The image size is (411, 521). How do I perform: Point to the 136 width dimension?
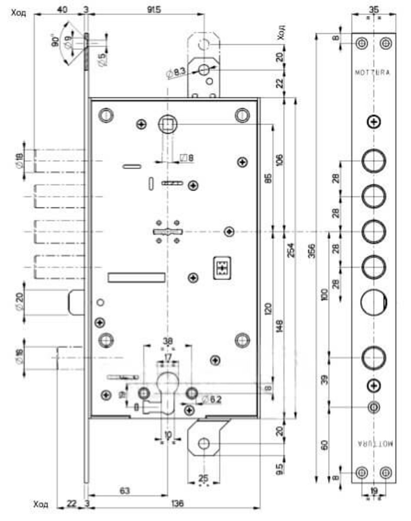tap(177, 504)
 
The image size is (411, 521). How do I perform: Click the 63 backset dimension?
tap(124, 491)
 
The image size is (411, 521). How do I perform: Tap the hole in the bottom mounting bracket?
tap(203, 443)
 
